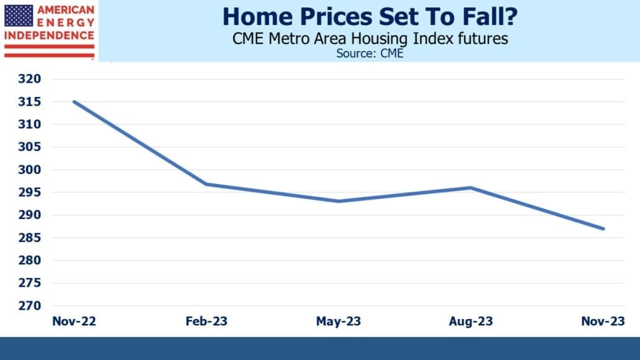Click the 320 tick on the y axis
pos(29,78)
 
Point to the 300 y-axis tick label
pos(29,170)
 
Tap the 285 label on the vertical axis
pos(29,238)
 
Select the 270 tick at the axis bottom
pos(29,306)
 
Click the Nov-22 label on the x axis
pos(74,321)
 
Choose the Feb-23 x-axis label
pos(206,321)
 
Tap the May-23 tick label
pos(339,321)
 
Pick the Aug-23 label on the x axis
pos(470,321)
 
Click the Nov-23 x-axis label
pos(603,321)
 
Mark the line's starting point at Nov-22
pos(75,101)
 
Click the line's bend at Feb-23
pos(206,184)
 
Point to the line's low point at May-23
pos(339,201)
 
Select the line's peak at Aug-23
pos(470,188)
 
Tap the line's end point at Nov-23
pos(603,229)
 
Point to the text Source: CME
pos(370,53)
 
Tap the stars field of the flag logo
pos(19,16)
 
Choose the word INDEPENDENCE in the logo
pos(49,35)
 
